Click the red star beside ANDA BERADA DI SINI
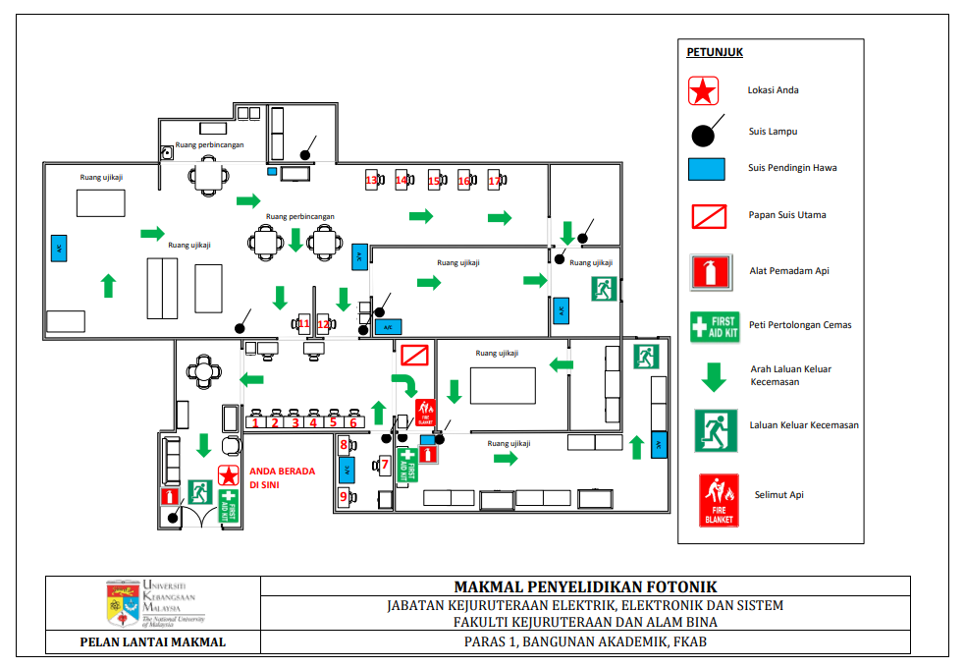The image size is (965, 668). [x=229, y=476]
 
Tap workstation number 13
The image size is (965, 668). [x=372, y=181]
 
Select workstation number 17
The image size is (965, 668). [x=496, y=181]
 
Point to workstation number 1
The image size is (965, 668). [x=256, y=422]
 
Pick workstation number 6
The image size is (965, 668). [x=352, y=422]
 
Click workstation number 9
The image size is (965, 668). [x=345, y=497]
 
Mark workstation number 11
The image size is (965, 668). [x=303, y=323]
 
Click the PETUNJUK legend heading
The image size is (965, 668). [x=715, y=52]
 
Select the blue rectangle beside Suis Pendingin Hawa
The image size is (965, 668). [x=707, y=169]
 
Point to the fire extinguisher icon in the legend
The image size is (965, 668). [x=713, y=271]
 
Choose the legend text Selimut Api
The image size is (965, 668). [x=779, y=495]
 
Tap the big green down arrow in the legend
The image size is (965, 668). [x=714, y=375]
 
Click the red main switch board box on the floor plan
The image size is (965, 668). [x=412, y=355]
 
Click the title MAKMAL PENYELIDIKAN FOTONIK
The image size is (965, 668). [x=585, y=586]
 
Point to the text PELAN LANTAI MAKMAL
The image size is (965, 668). [x=152, y=642]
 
